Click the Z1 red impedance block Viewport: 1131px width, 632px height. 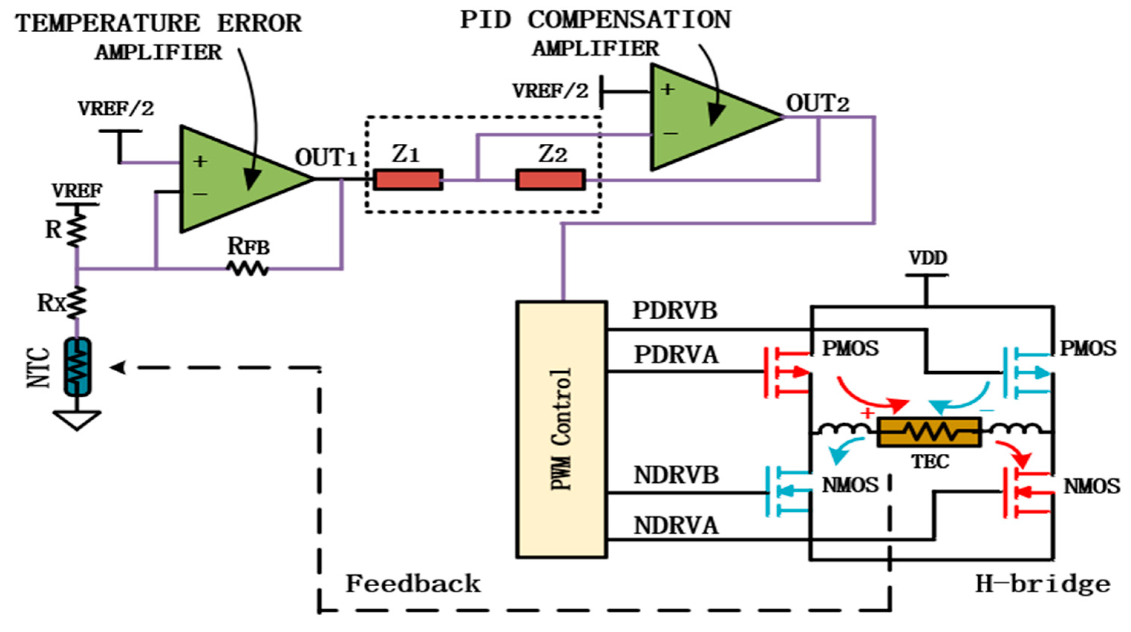pos(408,180)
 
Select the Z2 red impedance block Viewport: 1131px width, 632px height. pos(550,180)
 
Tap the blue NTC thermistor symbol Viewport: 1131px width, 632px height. pos(78,367)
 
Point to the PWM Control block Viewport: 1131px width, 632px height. pos(561,429)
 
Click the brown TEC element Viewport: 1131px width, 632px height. pos(929,432)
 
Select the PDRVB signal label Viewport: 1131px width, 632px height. pos(675,310)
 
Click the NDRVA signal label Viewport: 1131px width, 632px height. pos(676,526)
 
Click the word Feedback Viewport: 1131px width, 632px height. pos(413,584)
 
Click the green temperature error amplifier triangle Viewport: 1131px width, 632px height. pos(237,179)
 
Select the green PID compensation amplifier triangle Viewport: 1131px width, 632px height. pos(707,117)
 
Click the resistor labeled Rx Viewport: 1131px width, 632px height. pos(77,302)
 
